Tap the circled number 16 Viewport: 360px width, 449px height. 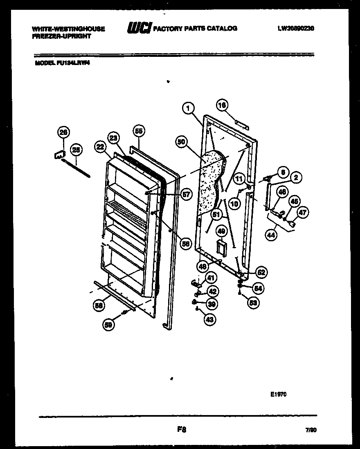[222, 106]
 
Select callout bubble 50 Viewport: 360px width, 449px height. [182, 142]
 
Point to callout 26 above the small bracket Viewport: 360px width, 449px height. [64, 132]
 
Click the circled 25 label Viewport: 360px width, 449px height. [76, 150]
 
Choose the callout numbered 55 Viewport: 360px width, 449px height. [139, 131]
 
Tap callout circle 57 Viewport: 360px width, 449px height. [187, 195]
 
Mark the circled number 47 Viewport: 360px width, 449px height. [303, 212]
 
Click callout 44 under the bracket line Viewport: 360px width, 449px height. [270, 235]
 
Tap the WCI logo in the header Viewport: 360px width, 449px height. [139, 28]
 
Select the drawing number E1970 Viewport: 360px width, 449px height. [278, 395]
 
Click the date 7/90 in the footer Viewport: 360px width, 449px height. [311, 431]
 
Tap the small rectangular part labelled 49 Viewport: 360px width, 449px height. [222, 248]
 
